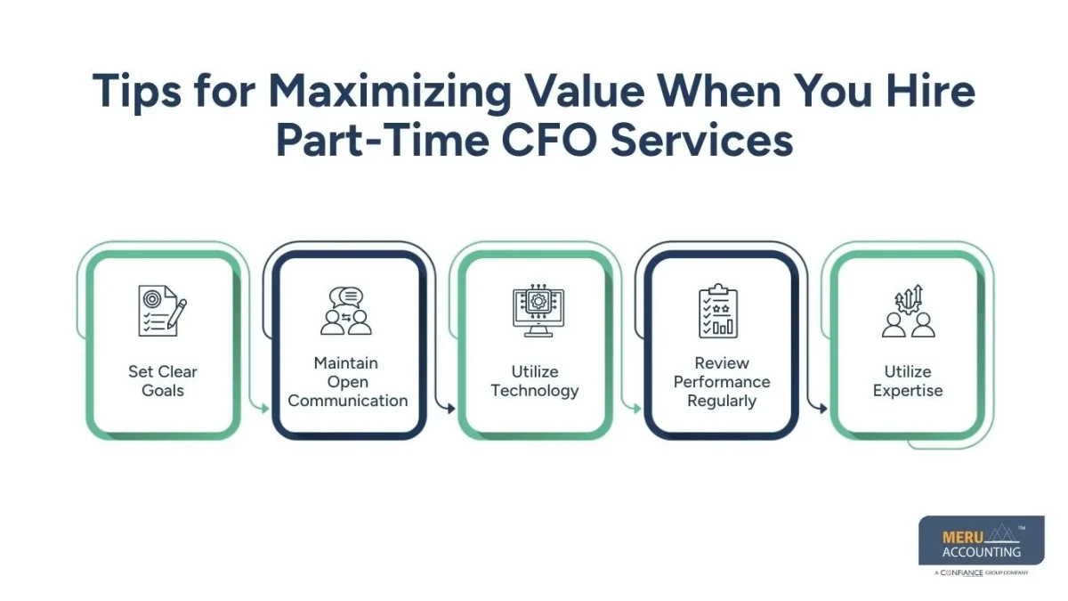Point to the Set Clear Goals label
point(163,381)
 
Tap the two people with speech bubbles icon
point(347,311)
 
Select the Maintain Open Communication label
point(347,382)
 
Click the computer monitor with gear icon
point(535,312)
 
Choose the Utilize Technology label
point(535,381)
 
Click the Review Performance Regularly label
point(721,382)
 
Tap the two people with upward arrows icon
point(908,311)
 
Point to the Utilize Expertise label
point(907,381)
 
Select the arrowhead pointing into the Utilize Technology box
point(450,409)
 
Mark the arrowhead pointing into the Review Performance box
point(636,409)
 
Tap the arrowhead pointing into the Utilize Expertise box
point(822,409)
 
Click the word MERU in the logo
point(960,537)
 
